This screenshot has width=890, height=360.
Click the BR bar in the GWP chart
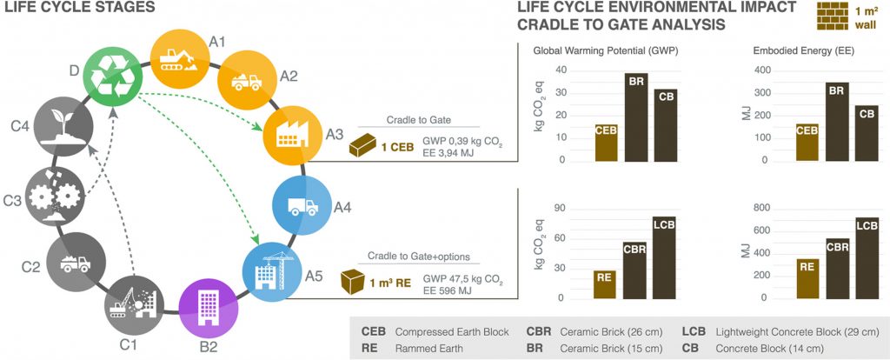pos(641,117)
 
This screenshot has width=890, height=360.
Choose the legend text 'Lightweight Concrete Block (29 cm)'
pos(795,332)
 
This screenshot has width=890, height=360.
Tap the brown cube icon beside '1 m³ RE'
pos(353,281)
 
